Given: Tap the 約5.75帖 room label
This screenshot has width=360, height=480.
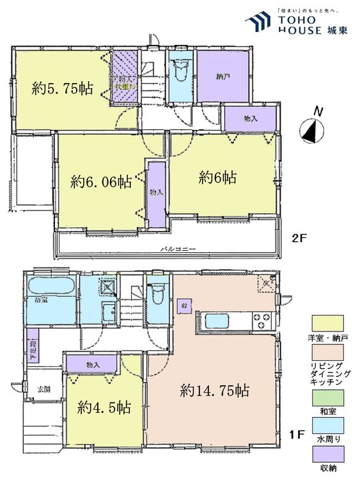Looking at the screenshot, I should (62, 90).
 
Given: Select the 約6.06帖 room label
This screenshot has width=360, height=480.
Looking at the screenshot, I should (101, 182).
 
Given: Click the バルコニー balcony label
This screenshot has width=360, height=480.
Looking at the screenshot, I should (177, 248).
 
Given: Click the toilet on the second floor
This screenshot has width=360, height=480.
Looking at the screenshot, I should (181, 72).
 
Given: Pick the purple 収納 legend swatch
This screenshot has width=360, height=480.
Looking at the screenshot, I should (328, 455).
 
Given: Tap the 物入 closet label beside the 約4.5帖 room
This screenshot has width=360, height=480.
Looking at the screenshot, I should (93, 365).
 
